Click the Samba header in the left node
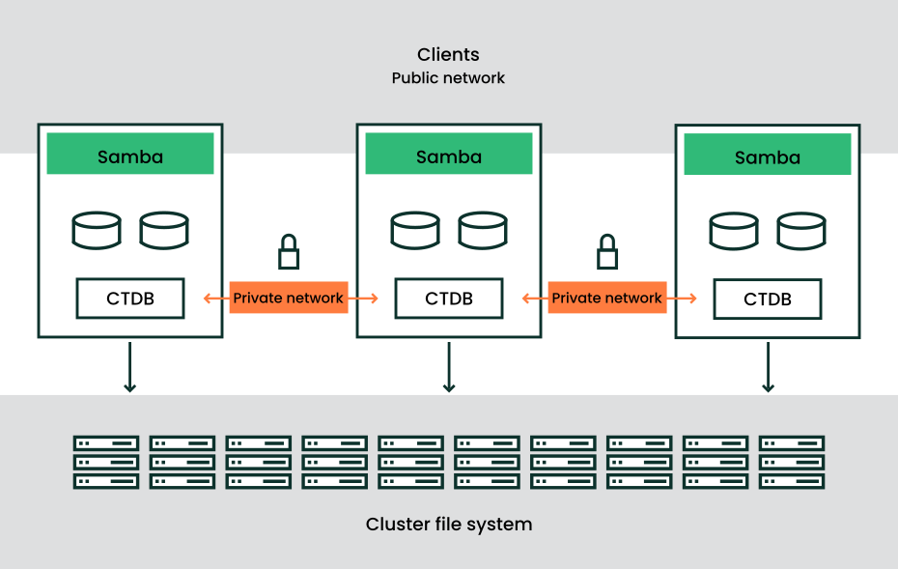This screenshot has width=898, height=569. pos(130,155)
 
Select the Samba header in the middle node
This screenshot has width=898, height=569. pos(449,155)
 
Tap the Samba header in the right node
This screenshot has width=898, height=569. pos(768,156)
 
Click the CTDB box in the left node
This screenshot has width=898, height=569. pos(130,299)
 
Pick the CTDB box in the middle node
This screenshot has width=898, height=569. pos(449,299)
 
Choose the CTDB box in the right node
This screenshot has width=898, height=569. pos(768,299)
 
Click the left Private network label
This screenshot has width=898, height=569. pos(288,299)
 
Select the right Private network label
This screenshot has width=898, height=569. pos(606,299)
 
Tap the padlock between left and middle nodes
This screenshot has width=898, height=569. pos(289,252)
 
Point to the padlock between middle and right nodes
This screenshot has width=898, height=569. pos(607,252)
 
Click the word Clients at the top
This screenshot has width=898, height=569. pos(448,55)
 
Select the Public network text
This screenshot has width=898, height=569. pos(448,78)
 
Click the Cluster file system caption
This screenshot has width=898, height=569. pos(449,525)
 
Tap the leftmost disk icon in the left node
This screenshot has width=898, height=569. pos(97,231)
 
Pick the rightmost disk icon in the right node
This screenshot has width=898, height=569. pos(801,232)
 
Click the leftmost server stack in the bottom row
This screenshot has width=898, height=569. pos(106,462)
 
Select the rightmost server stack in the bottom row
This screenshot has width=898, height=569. pos(792,462)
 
